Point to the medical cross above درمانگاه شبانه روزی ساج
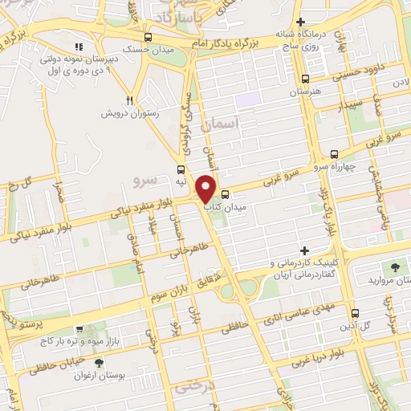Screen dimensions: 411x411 300,22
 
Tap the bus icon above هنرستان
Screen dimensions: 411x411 304,79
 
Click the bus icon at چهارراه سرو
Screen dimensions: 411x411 335,154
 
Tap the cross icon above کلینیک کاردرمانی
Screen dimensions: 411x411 304,251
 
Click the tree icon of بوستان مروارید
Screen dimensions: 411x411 394,267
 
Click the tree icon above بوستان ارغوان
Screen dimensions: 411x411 99,363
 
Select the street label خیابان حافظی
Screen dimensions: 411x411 55,366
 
